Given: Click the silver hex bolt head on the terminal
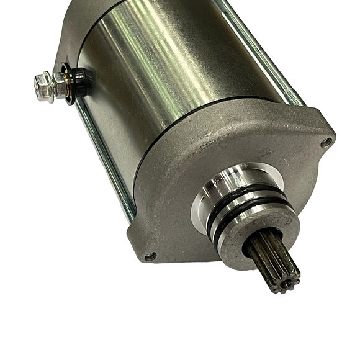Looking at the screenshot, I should (43, 85).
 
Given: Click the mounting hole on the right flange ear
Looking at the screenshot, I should (326, 142).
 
